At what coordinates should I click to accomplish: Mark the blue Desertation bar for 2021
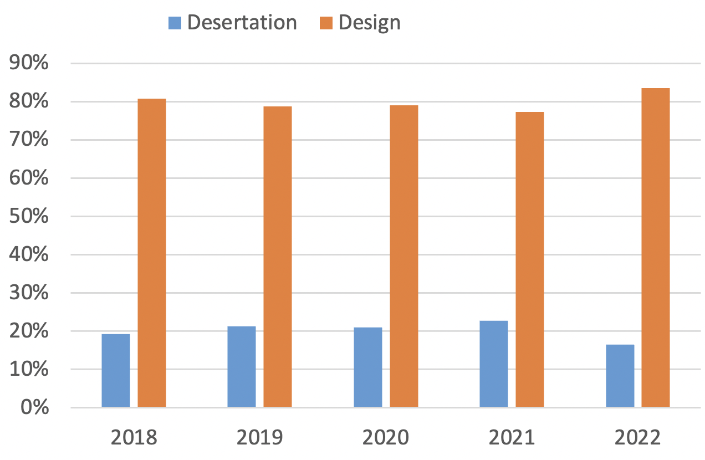click(x=494, y=364)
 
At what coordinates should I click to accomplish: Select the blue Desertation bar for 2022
click(x=620, y=376)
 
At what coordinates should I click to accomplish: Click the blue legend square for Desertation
click(x=175, y=23)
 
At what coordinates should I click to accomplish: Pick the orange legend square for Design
click(x=326, y=23)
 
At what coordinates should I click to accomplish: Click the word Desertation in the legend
click(x=242, y=23)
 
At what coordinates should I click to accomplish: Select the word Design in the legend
click(x=369, y=23)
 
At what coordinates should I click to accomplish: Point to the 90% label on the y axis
click(x=29, y=64)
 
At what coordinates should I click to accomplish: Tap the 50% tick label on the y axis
click(x=29, y=217)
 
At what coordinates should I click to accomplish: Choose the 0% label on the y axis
click(x=34, y=408)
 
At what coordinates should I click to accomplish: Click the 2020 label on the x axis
click(x=386, y=438)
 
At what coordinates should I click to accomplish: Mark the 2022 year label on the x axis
click(x=638, y=438)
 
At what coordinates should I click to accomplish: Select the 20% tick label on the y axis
click(x=29, y=331)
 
